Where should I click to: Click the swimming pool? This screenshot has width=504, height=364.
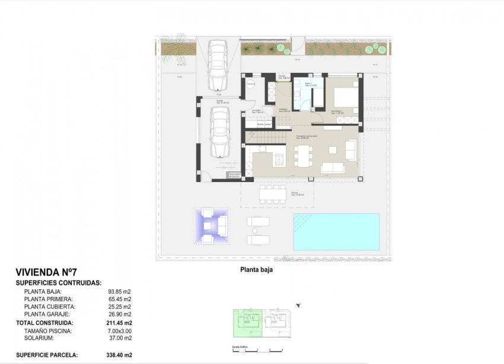point(336,231)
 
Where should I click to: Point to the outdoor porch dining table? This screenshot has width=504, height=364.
point(272,194)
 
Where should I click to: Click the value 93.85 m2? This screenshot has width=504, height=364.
point(119,292)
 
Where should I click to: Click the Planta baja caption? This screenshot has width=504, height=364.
point(256,269)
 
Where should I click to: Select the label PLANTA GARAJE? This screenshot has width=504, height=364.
point(47,314)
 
